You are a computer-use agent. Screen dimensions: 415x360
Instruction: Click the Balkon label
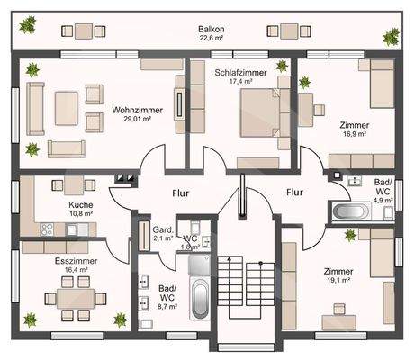point(212,29)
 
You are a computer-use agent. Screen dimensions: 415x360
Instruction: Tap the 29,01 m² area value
point(137,119)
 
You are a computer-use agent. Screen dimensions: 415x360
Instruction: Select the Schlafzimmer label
point(240,73)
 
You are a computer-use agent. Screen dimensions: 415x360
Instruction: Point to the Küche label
point(81,205)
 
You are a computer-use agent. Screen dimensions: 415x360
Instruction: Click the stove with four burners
point(47,229)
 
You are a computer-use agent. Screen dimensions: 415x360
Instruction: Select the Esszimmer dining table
point(76,299)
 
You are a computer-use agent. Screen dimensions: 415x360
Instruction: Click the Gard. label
point(163,230)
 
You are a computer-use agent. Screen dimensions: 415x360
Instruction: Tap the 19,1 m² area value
point(338,280)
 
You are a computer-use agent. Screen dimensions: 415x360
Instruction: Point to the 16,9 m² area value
point(355,134)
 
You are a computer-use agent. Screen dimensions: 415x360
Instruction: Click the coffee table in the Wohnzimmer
point(66,108)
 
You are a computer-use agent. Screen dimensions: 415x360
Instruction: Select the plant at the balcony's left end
point(28,24)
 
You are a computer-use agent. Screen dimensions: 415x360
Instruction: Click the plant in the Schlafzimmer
point(282,66)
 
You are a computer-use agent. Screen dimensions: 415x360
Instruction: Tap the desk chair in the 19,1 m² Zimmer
point(339,309)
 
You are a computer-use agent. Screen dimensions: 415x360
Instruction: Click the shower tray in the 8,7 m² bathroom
point(199,265)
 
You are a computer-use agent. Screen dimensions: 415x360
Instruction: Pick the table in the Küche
point(74,185)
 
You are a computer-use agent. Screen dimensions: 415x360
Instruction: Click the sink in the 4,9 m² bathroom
point(355,181)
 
